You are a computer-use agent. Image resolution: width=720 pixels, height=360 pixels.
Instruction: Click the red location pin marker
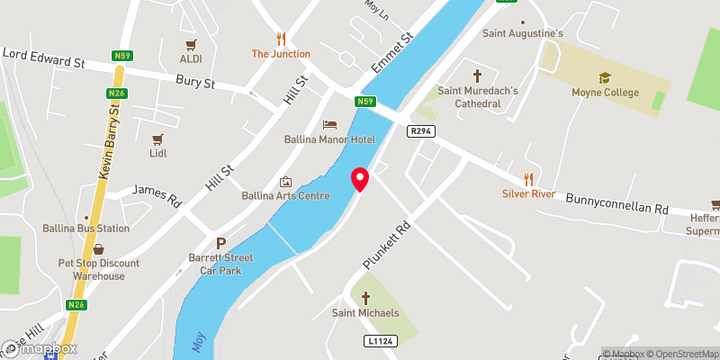360,179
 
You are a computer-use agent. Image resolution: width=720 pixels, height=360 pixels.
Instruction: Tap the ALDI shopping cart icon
191,44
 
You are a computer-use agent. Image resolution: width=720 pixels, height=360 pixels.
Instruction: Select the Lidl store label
158,153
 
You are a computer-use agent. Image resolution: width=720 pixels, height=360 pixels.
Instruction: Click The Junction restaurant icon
281,39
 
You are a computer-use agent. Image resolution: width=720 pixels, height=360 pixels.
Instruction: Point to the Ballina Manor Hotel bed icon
329,123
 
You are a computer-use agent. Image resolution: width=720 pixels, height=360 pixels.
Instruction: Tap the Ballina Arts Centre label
285,195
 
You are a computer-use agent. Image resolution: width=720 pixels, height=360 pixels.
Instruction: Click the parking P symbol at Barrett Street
221,243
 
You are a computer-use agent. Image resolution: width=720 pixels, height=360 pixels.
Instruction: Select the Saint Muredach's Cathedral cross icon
477,76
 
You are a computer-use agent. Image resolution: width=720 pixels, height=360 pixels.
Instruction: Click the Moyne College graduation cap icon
605,77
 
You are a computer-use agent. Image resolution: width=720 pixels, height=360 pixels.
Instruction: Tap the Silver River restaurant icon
529,178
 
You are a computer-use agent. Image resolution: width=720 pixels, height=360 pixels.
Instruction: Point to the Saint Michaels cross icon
365,298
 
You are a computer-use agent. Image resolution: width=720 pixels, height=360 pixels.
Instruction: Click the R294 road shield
420,131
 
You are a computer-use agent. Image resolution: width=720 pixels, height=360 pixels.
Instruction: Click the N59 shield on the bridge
364,102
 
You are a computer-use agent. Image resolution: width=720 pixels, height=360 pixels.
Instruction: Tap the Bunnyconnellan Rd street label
617,202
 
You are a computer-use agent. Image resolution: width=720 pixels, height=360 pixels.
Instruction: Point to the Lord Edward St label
42,60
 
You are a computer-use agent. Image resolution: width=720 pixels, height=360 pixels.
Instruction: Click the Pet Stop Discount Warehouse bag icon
98,249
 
